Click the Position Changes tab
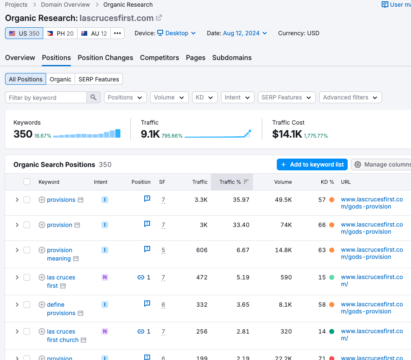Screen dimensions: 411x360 [x=105, y=57]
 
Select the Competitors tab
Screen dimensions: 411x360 [x=159, y=57]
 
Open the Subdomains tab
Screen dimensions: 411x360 [x=232, y=57]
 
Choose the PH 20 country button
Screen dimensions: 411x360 [x=60, y=33]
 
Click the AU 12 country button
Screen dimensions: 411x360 [x=94, y=33]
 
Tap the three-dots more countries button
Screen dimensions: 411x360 [x=117, y=33]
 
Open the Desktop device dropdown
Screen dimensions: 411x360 [x=177, y=33]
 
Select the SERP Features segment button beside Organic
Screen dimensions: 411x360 [x=99, y=79]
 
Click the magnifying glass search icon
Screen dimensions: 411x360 [x=93, y=97]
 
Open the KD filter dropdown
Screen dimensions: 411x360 [x=205, y=97]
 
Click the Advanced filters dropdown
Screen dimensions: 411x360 [x=351, y=97]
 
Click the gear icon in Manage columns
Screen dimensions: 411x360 [x=358, y=164]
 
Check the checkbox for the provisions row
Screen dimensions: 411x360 [x=27, y=200]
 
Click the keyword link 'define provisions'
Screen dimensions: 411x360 [x=61, y=309]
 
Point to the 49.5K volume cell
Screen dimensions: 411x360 [x=284, y=200]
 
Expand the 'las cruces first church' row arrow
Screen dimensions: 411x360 [x=17, y=332]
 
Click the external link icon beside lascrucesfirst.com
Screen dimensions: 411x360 [x=159, y=18]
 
